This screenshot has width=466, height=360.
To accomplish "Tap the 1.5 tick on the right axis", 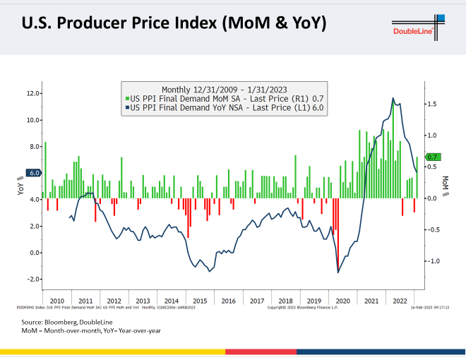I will pyautogui.click(x=433, y=104).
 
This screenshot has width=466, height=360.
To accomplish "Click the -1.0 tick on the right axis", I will pyautogui.click(x=433, y=261).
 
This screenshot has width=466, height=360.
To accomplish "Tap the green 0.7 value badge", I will pyautogui.click(x=434, y=157).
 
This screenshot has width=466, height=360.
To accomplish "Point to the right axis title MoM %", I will pyautogui.click(x=446, y=186).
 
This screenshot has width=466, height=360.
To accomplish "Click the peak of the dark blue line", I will pyautogui.click(x=393, y=99).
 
